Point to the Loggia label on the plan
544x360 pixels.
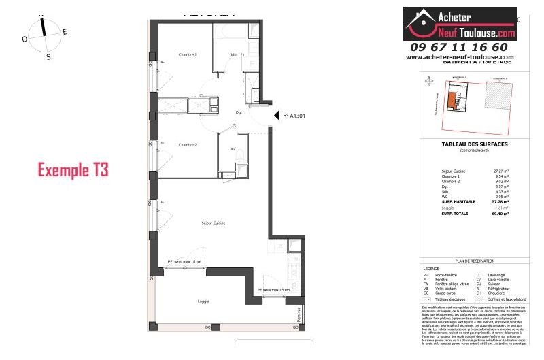203,301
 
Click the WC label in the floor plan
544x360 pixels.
233,149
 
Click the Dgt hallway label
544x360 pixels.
239,112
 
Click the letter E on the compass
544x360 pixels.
65,31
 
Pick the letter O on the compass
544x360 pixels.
24,39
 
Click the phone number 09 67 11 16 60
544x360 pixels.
459,47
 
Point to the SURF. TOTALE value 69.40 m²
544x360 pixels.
502,213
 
